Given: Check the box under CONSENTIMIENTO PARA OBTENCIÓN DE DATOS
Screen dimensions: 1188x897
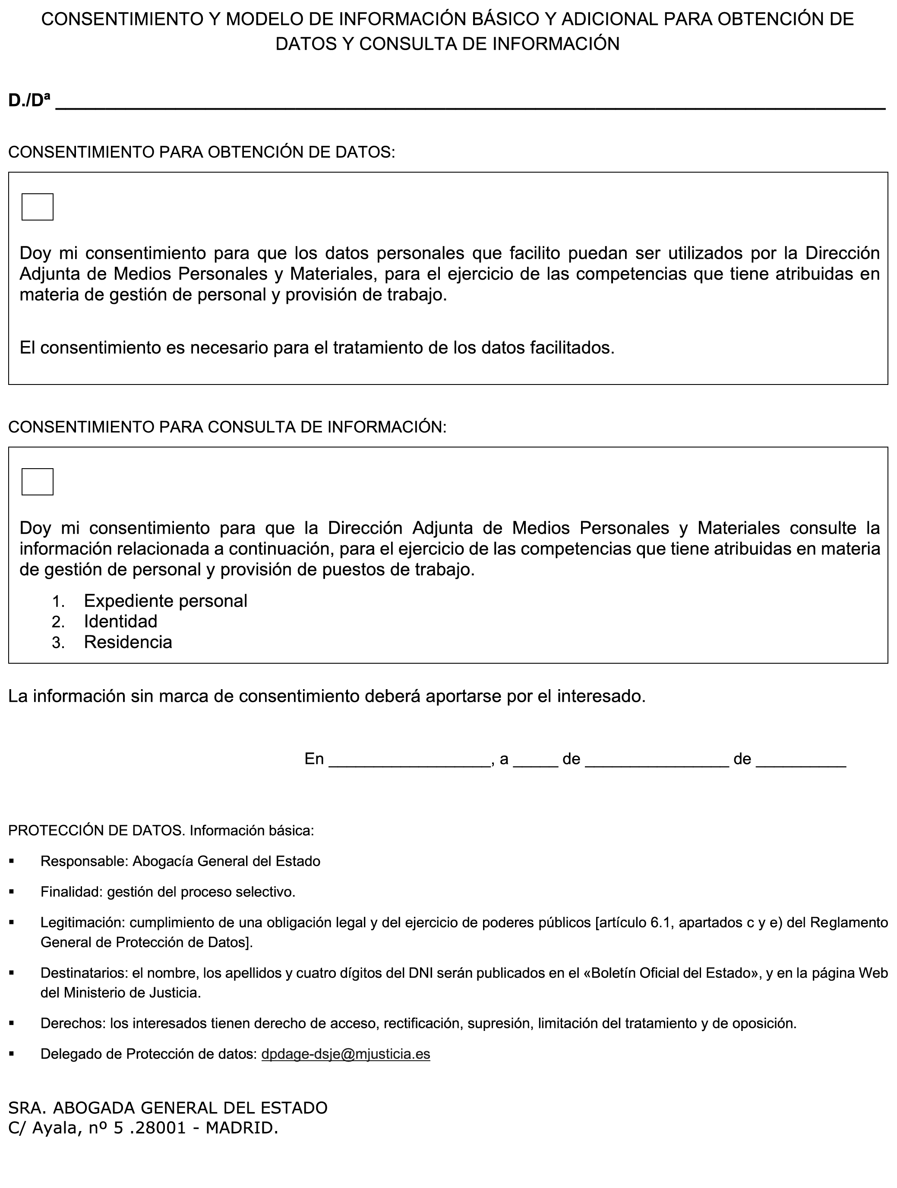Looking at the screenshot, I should pos(37,207).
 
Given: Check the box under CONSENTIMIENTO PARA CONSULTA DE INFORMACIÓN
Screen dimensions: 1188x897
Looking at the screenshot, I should pos(37,482).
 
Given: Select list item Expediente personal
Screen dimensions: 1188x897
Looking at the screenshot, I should pos(165,600).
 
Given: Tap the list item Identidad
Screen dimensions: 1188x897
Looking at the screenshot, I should pos(120,621).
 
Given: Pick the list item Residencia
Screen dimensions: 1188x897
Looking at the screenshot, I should pos(128,642).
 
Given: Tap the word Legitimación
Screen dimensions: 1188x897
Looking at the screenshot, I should pos(82,923).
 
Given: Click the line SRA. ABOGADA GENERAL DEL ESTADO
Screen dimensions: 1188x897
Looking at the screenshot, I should pos(167,1107).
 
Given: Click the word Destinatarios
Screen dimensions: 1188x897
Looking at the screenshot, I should pos(84,973).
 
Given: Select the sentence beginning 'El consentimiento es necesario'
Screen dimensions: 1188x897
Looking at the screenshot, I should pos(316,348).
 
